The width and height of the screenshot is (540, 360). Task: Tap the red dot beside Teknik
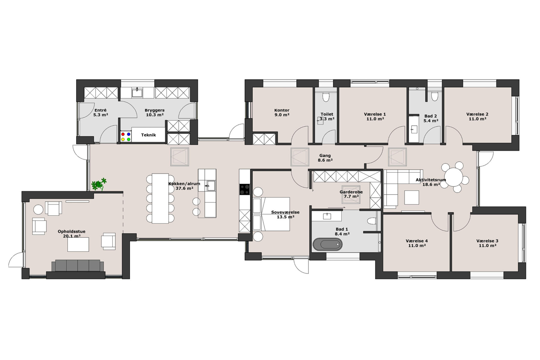[x=123, y=134]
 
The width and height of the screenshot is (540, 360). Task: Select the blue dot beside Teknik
[x=129, y=134]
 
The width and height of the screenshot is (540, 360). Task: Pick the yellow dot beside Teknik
[x=123, y=139]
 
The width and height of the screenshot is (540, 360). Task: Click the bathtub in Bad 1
[x=327, y=244]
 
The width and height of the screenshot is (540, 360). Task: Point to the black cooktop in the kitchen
[x=244, y=190]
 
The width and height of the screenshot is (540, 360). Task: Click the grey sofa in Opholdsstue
[x=78, y=266]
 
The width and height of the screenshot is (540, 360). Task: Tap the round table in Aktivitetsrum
[x=454, y=177]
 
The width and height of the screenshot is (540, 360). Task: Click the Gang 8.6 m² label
[x=325, y=158]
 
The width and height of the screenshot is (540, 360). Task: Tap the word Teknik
[x=148, y=135]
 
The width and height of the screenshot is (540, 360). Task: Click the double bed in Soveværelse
[x=271, y=214]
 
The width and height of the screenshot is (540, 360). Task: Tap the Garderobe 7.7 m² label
[x=351, y=194]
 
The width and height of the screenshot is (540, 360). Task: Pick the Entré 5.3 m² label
[x=100, y=112]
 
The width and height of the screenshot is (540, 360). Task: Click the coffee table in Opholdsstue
[x=78, y=244]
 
